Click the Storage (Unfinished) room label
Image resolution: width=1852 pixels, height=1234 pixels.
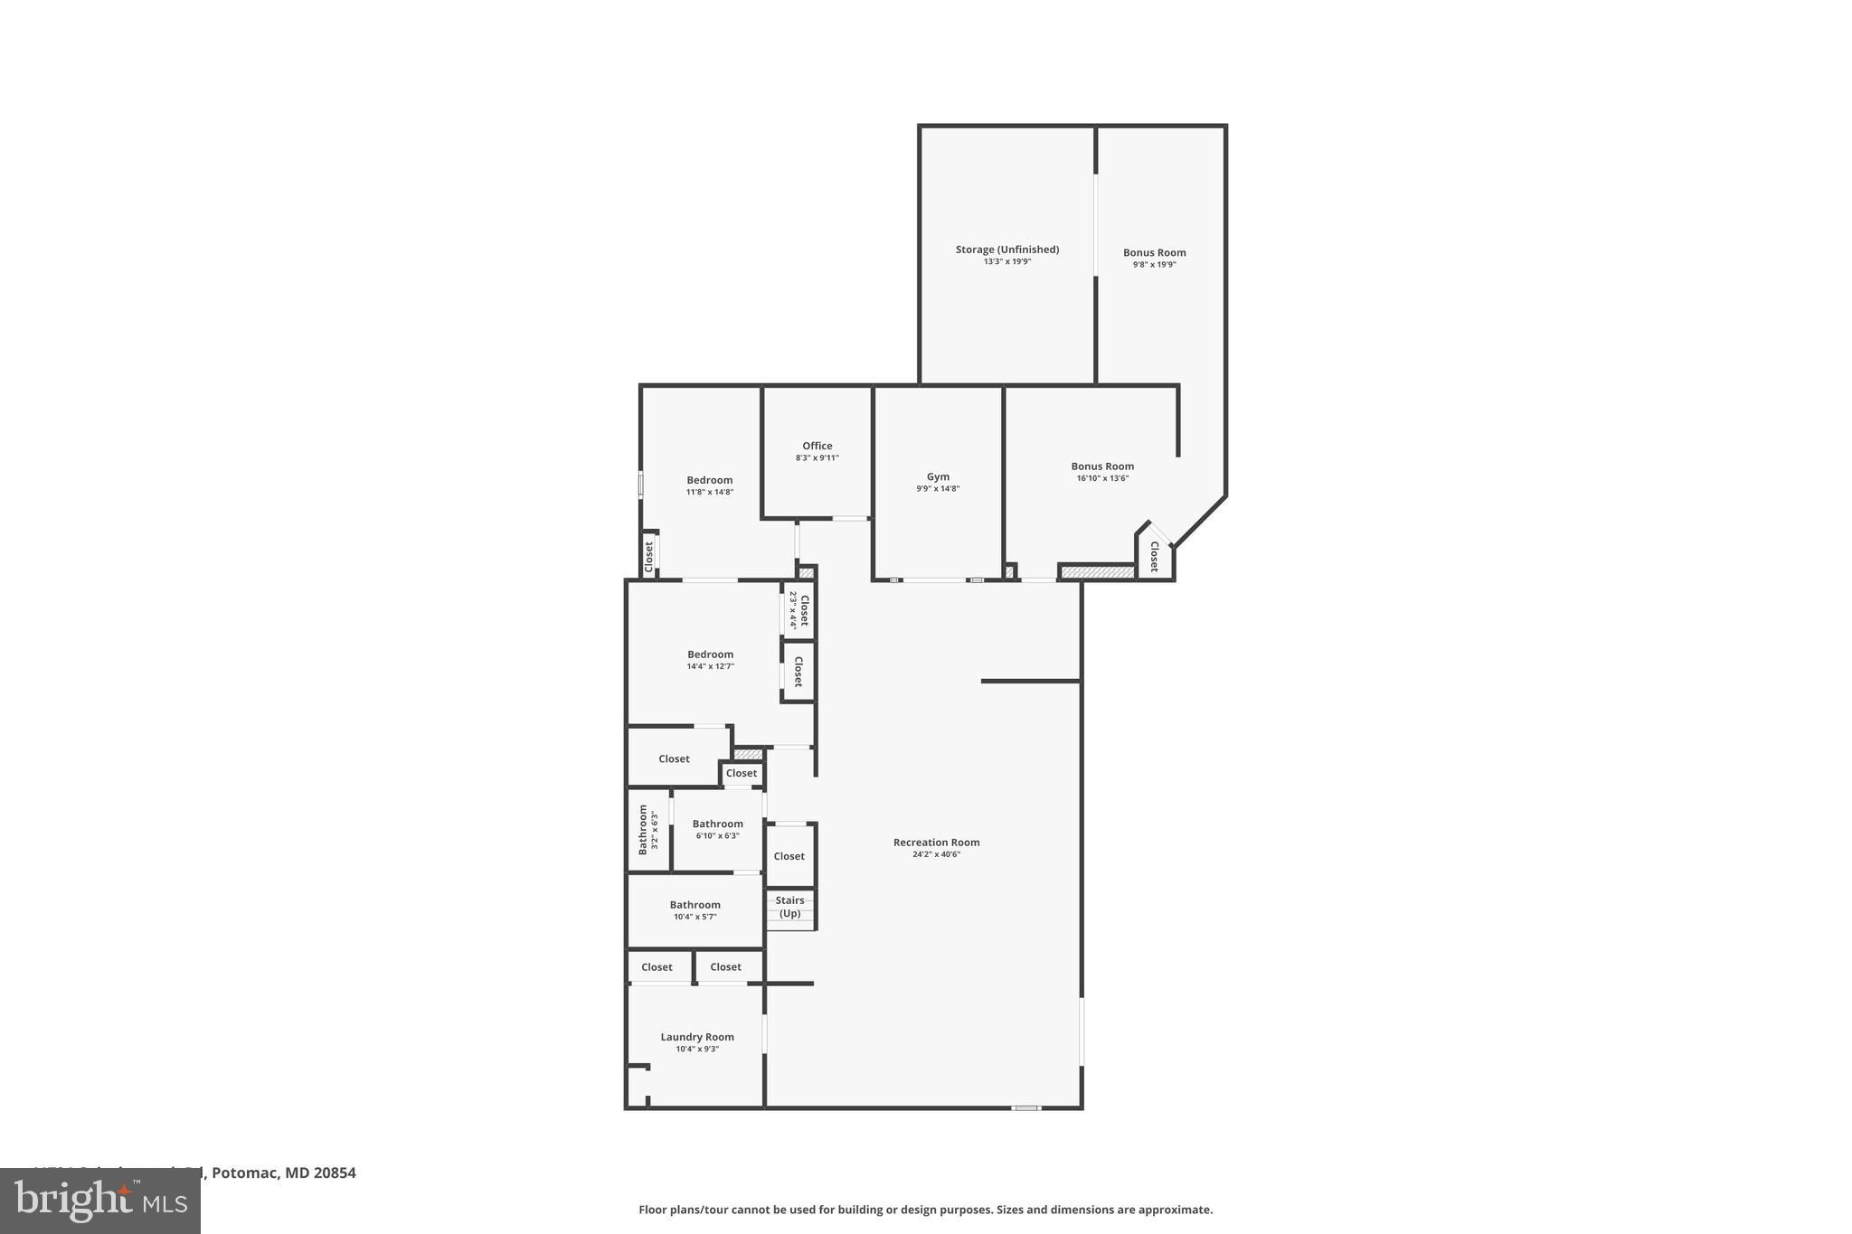pos(1006,250)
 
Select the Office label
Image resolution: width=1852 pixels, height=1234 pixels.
pos(817,447)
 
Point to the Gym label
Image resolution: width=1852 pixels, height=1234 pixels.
pos(938,477)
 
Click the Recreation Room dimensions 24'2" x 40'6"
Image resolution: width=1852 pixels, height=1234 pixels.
pos(936,854)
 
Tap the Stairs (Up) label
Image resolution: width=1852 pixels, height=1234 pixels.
pos(789,907)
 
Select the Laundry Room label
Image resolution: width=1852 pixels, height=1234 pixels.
pos(696,1038)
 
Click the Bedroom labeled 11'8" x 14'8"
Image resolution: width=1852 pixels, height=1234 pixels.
pos(709,481)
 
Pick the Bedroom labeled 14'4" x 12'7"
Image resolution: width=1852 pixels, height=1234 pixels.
pos(710,655)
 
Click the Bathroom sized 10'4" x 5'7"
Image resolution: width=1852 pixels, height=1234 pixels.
pos(694,906)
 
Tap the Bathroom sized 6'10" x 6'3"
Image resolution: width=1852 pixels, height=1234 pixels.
pos(717,824)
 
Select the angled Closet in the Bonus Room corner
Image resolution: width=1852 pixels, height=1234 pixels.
pos(1154,556)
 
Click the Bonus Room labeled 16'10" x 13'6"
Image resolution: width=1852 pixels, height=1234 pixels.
pos(1102,467)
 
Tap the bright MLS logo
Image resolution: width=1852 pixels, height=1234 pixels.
pos(99,1201)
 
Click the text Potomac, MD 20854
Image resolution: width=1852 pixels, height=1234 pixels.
pos(283,1173)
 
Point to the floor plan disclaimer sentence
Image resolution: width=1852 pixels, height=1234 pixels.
pos(925,1210)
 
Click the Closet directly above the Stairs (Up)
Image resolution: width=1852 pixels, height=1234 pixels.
pos(789,856)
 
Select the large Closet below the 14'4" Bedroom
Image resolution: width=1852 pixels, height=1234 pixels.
pos(674,759)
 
